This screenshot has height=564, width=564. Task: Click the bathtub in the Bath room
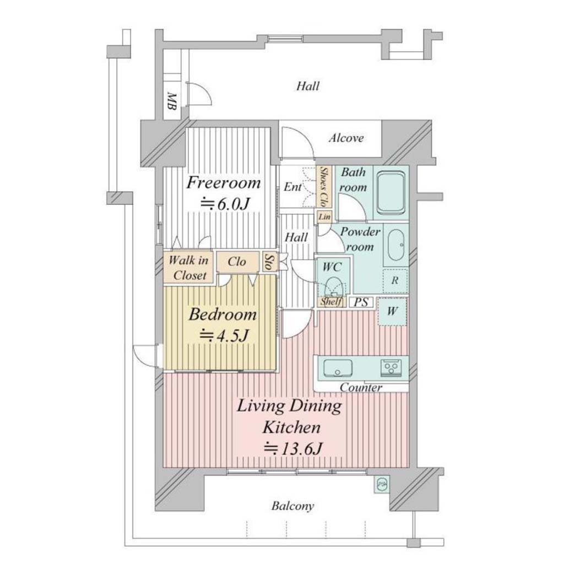click(x=391, y=192)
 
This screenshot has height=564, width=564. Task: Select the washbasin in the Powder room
click(x=397, y=245)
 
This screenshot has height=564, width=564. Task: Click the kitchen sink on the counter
click(x=338, y=368)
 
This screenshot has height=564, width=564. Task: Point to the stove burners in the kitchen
click(x=391, y=367)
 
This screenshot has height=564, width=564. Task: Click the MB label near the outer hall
click(x=172, y=101)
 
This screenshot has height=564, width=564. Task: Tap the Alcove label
click(x=346, y=138)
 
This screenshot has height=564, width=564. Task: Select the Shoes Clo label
click(x=324, y=187)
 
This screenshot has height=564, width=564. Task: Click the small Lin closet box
click(x=324, y=217)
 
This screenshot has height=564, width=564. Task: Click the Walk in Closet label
click(x=189, y=268)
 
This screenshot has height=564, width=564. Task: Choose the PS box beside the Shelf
click(x=361, y=302)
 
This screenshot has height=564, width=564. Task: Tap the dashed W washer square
click(x=392, y=311)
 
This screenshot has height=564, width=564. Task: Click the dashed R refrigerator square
click(x=395, y=280)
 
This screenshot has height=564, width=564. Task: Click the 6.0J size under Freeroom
click(x=225, y=204)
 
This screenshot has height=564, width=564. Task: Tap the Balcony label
click(x=293, y=506)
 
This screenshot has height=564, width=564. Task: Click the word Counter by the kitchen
click(x=361, y=387)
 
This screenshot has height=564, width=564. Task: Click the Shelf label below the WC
click(x=331, y=301)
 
